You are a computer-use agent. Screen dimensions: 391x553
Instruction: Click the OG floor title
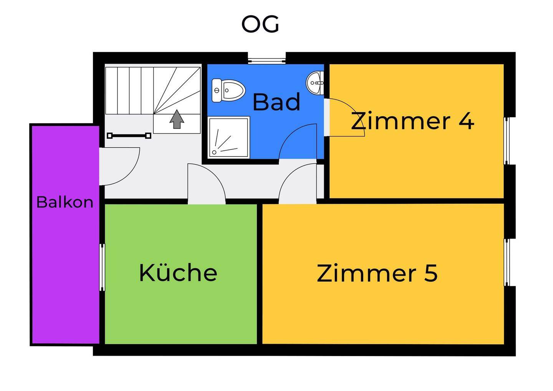[x=260, y=25]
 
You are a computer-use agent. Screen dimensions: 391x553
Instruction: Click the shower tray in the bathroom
[x=228, y=137]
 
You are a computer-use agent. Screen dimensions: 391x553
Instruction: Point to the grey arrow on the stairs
[x=177, y=119]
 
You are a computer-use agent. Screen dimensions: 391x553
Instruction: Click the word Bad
[x=276, y=102]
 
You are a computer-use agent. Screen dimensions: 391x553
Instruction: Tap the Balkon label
[x=65, y=202]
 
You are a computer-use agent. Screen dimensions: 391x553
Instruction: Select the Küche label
[x=178, y=273]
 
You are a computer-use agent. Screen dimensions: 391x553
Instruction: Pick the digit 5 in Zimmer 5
[x=430, y=273]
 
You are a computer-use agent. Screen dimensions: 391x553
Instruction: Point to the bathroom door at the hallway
[x=298, y=142]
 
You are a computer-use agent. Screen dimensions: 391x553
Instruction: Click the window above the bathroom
[x=267, y=60]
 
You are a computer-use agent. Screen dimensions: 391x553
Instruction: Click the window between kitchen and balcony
[x=102, y=267]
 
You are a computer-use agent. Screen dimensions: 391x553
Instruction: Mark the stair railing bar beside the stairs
[x=129, y=135]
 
